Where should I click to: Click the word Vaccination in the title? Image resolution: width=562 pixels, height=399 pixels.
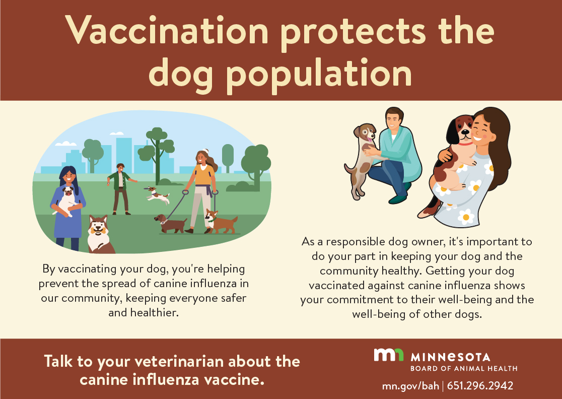[x=167, y=30]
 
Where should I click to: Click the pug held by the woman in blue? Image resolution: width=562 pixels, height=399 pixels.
[x=66, y=201]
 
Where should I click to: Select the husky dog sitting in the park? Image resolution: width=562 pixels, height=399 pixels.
[x=100, y=234]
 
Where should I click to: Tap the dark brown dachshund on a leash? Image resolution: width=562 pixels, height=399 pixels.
[x=171, y=223]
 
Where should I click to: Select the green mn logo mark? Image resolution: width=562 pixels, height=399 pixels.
[x=389, y=355]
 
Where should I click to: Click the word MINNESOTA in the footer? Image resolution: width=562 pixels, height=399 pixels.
[x=450, y=357]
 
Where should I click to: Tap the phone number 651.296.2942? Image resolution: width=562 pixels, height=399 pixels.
[x=480, y=385]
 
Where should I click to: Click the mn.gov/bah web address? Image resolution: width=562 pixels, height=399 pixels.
[x=410, y=386]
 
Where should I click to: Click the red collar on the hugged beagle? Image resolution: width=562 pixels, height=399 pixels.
[x=465, y=144]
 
